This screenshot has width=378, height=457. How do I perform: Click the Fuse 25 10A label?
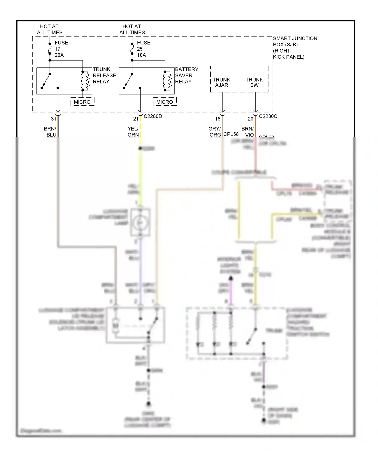pyautogui.click(x=143, y=49)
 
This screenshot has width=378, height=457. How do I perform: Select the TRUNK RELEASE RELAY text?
pyautogui.click(x=104, y=75)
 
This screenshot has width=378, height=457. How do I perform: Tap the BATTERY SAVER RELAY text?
pyautogui.click(x=186, y=75)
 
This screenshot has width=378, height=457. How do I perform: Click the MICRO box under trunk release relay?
pyautogui.click(x=82, y=102)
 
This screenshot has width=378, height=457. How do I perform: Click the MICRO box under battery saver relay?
pyautogui.click(x=165, y=102)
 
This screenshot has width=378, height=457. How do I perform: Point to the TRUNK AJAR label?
pyautogui.click(x=222, y=82)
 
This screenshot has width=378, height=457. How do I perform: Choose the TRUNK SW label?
pyautogui.click(x=254, y=82)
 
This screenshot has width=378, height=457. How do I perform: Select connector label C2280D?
pyautogui.click(x=153, y=116)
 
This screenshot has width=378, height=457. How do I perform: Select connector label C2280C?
pyautogui.click(x=268, y=116)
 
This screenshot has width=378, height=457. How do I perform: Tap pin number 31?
pyautogui.click(x=54, y=119)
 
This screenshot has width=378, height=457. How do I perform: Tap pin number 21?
pyautogui.click(x=136, y=119)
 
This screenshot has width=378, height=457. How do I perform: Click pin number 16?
pyautogui.click(x=218, y=119)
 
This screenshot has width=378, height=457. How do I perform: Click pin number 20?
pyautogui.click(x=250, y=119)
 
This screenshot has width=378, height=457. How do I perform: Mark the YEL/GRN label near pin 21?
pyautogui.click(x=133, y=132)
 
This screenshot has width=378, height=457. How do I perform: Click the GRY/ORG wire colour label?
pyautogui.click(x=215, y=132)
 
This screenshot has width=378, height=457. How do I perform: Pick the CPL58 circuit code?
pyautogui.click(x=231, y=134)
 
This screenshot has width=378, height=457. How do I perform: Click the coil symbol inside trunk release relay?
pyautogui.click(x=85, y=81)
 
